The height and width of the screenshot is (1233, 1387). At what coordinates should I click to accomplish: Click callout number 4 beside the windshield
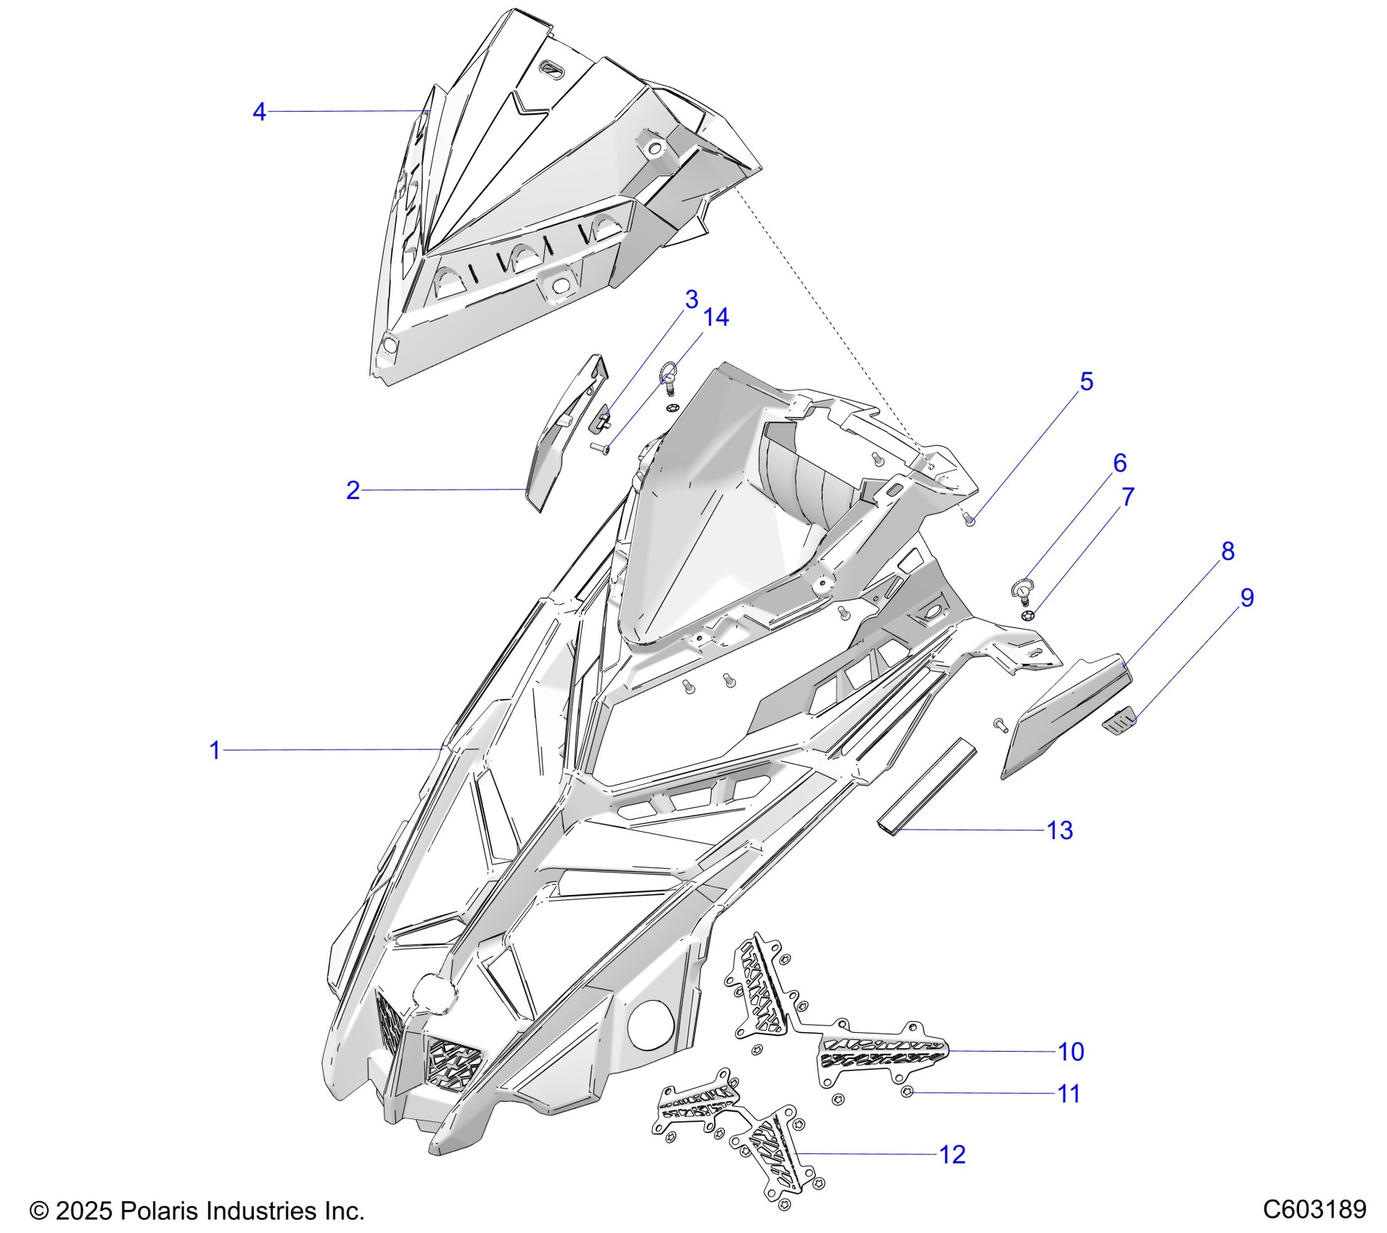coord(259,112)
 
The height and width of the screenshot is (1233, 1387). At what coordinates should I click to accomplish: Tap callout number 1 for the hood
coord(214,750)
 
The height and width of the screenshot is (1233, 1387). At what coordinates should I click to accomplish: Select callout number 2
coord(353,491)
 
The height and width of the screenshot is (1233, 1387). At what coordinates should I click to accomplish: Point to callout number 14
coord(716,317)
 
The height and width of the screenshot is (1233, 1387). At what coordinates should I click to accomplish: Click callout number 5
coord(1086,382)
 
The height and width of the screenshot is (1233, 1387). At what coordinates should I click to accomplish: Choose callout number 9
coord(1246,598)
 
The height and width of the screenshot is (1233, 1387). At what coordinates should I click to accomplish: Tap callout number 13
coord(1060,830)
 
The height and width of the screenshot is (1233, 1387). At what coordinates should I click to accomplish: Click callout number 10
coord(1071,1052)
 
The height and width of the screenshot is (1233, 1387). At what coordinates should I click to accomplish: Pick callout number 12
coord(952,1155)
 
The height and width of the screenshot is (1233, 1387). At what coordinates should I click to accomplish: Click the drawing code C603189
coord(1314,1210)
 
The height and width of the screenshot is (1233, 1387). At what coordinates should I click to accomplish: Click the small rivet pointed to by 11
coord(907,1092)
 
